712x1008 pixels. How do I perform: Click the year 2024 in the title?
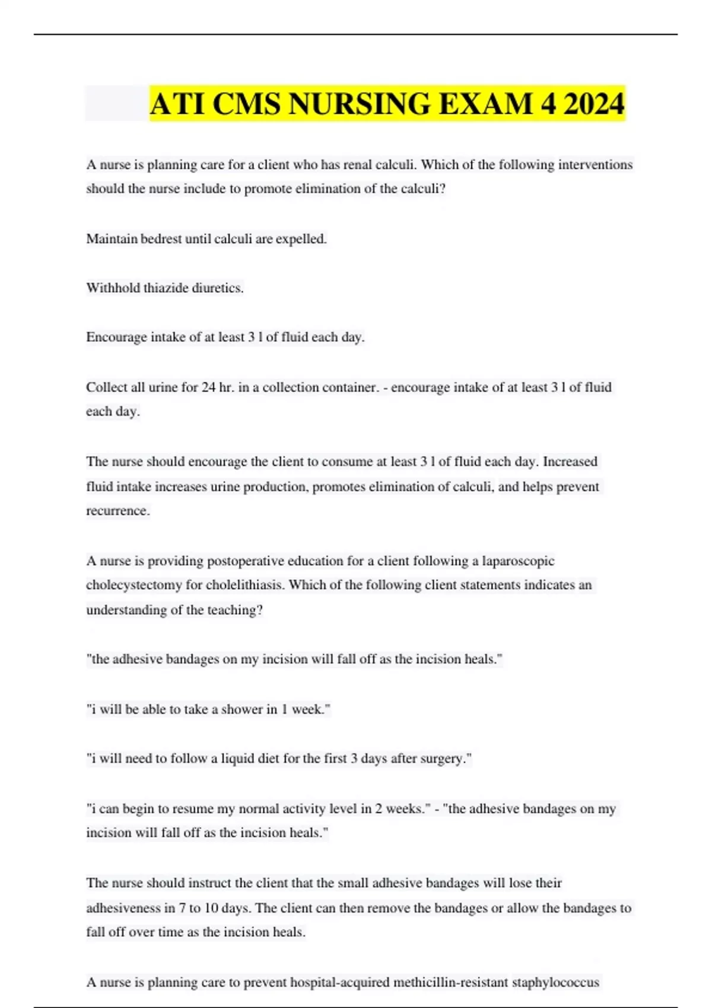pyautogui.click(x=594, y=104)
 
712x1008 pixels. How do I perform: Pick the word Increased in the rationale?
pyautogui.click(x=570, y=461)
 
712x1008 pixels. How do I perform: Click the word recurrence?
pyautogui.click(x=117, y=511)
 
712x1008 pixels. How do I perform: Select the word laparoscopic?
pyautogui.click(x=518, y=561)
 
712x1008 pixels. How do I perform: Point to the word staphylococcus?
pyautogui.click(x=555, y=983)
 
